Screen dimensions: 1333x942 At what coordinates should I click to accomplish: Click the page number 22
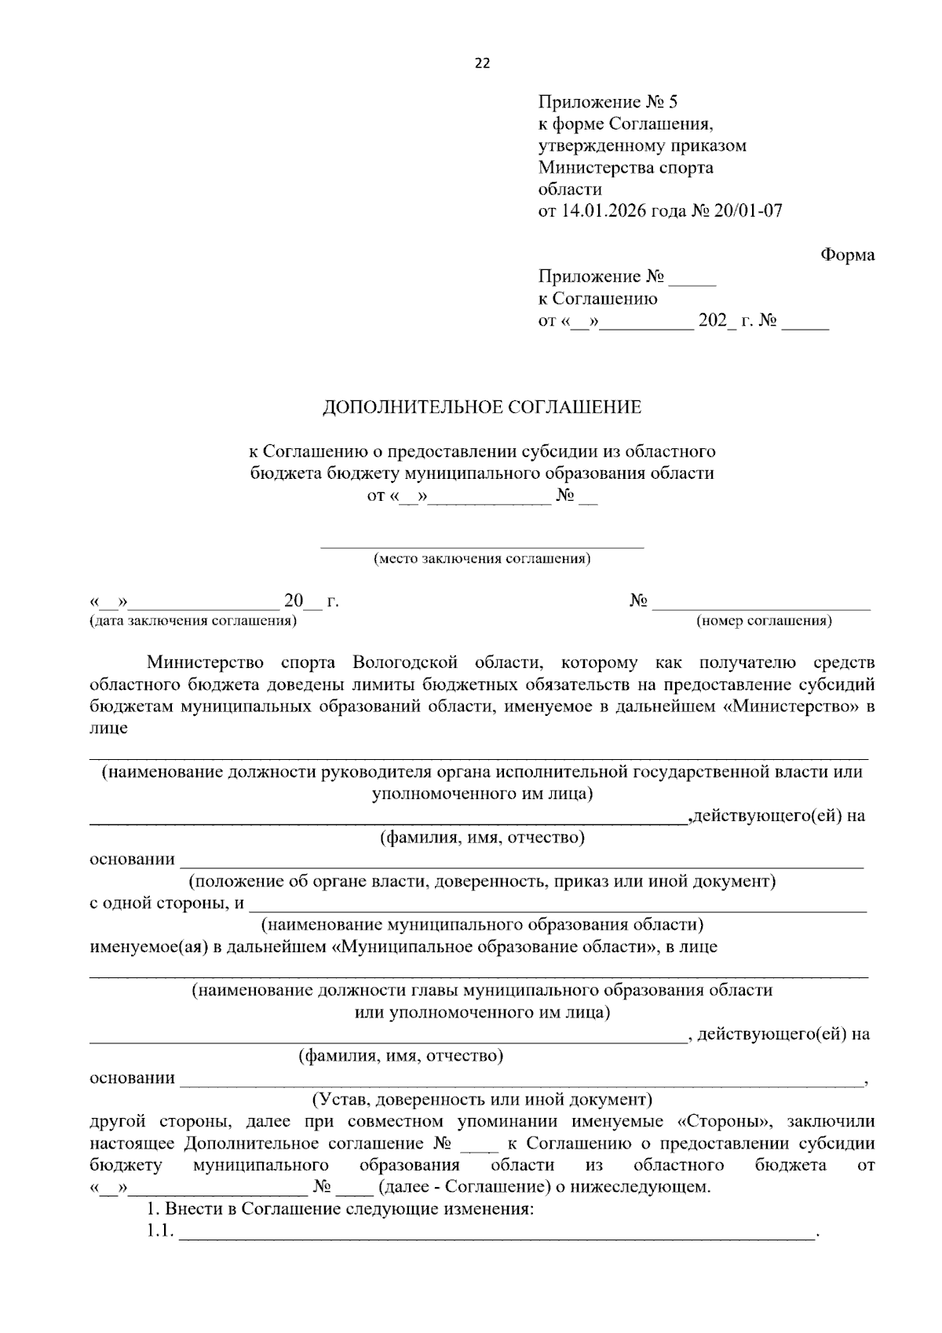click(x=481, y=64)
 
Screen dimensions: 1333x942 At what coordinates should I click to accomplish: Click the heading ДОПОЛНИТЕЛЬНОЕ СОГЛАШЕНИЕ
click(x=482, y=407)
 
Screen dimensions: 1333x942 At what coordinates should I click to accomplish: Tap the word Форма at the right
click(x=847, y=254)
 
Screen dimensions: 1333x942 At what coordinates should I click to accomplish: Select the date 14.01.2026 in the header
click(x=600, y=211)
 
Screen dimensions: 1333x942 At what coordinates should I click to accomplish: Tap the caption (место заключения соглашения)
click(x=482, y=559)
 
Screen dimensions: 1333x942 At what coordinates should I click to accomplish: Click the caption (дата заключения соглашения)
click(x=194, y=621)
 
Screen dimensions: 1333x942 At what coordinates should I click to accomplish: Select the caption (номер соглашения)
click(x=764, y=621)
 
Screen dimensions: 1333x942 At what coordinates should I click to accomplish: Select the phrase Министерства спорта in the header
click(x=626, y=167)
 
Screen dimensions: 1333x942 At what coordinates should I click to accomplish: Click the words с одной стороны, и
click(x=166, y=903)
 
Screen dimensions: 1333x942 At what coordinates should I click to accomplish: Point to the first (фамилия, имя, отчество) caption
click(x=482, y=838)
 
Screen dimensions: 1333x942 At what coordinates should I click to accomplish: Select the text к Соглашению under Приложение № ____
click(x=597, y=298)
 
